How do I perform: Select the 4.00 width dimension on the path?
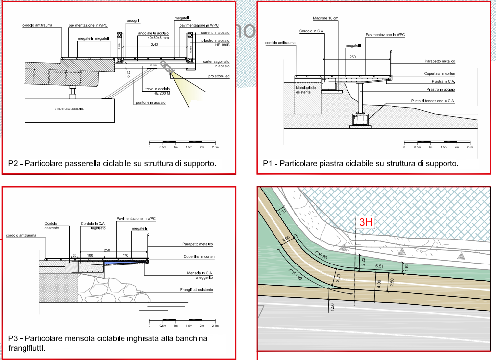tap(378, 283)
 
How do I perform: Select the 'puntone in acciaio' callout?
tap(151, 102)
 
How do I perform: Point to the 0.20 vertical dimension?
tap(128, 74)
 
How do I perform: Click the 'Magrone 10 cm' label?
tap(325, 18)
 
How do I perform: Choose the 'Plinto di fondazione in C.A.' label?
tap(433, 100)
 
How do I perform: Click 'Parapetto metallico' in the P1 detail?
tap(440, 61)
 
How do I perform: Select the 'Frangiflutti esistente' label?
tap(196, 290)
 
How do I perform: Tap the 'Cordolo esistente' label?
tap(51, 225)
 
